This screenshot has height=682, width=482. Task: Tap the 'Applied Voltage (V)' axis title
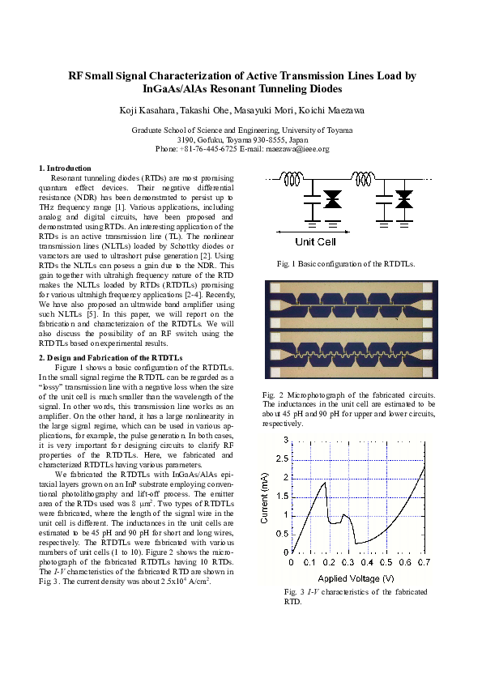(357, 578)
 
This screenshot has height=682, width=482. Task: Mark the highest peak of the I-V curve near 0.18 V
(326, 483)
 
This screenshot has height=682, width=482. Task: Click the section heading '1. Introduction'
(65, 168)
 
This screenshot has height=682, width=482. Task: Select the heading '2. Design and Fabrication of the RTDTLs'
(111, 357)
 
